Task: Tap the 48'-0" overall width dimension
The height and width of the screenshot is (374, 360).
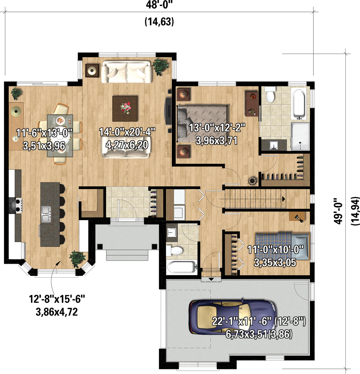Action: pos(159,5)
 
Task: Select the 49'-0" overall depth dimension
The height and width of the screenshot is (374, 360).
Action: pos(338,211)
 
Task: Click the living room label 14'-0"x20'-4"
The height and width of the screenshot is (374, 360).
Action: pos(127,132)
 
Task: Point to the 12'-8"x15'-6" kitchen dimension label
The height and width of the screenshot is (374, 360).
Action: pos(57,299)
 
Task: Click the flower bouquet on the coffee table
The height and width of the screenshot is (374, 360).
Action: pos(125,108)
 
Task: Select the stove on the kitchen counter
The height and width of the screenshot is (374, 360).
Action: pos(16,205)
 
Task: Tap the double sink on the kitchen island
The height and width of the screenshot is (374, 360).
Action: pos(46,214)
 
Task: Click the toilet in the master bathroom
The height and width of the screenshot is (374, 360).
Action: pos(270,95)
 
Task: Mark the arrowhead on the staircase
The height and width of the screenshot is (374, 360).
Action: pos(284,199)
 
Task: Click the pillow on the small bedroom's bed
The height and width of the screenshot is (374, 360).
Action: pos(300,247)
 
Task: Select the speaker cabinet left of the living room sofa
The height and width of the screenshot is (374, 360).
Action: pos(92,70)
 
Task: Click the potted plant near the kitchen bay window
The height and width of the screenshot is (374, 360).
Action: pos(77,259)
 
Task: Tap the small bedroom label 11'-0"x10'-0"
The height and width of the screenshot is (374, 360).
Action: pos(275,250)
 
